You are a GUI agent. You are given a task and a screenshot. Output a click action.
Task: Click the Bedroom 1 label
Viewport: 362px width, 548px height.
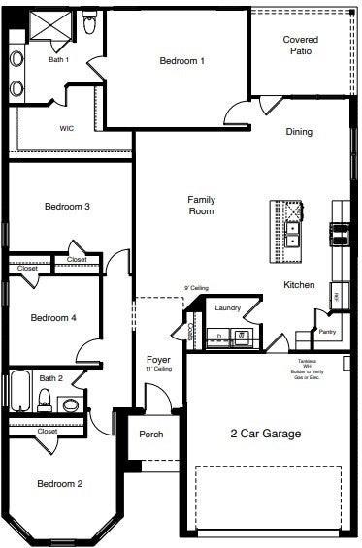pos(181,61)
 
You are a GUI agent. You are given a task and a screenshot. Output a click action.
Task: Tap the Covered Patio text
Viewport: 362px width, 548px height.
pos(300,45)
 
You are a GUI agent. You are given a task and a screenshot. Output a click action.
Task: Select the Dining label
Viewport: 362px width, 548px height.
pos(298,131)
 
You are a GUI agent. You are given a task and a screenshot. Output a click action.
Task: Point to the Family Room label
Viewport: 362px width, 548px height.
pos(201,205)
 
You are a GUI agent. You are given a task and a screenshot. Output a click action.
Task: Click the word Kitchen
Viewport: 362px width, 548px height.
pos(298,285)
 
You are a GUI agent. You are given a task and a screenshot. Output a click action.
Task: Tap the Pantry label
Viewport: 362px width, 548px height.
pos(327,332)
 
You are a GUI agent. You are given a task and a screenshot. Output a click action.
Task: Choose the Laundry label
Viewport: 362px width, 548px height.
pos(228,308)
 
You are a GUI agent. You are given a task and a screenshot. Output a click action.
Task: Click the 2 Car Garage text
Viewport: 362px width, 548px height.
pos(265,434)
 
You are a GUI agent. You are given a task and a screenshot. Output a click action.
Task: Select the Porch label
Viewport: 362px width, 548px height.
pos(150,435)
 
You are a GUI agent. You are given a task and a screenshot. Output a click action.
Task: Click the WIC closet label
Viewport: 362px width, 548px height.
pos(67,127)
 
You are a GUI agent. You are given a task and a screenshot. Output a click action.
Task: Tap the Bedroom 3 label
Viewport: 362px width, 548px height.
pos(67,206)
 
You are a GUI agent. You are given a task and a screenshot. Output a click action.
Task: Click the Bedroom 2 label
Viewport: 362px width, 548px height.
pos(59,483)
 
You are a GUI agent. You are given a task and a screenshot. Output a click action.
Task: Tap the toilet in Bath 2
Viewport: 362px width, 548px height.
pos(44,399)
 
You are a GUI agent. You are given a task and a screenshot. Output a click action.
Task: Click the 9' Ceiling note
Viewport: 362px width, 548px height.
pos(196,288)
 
